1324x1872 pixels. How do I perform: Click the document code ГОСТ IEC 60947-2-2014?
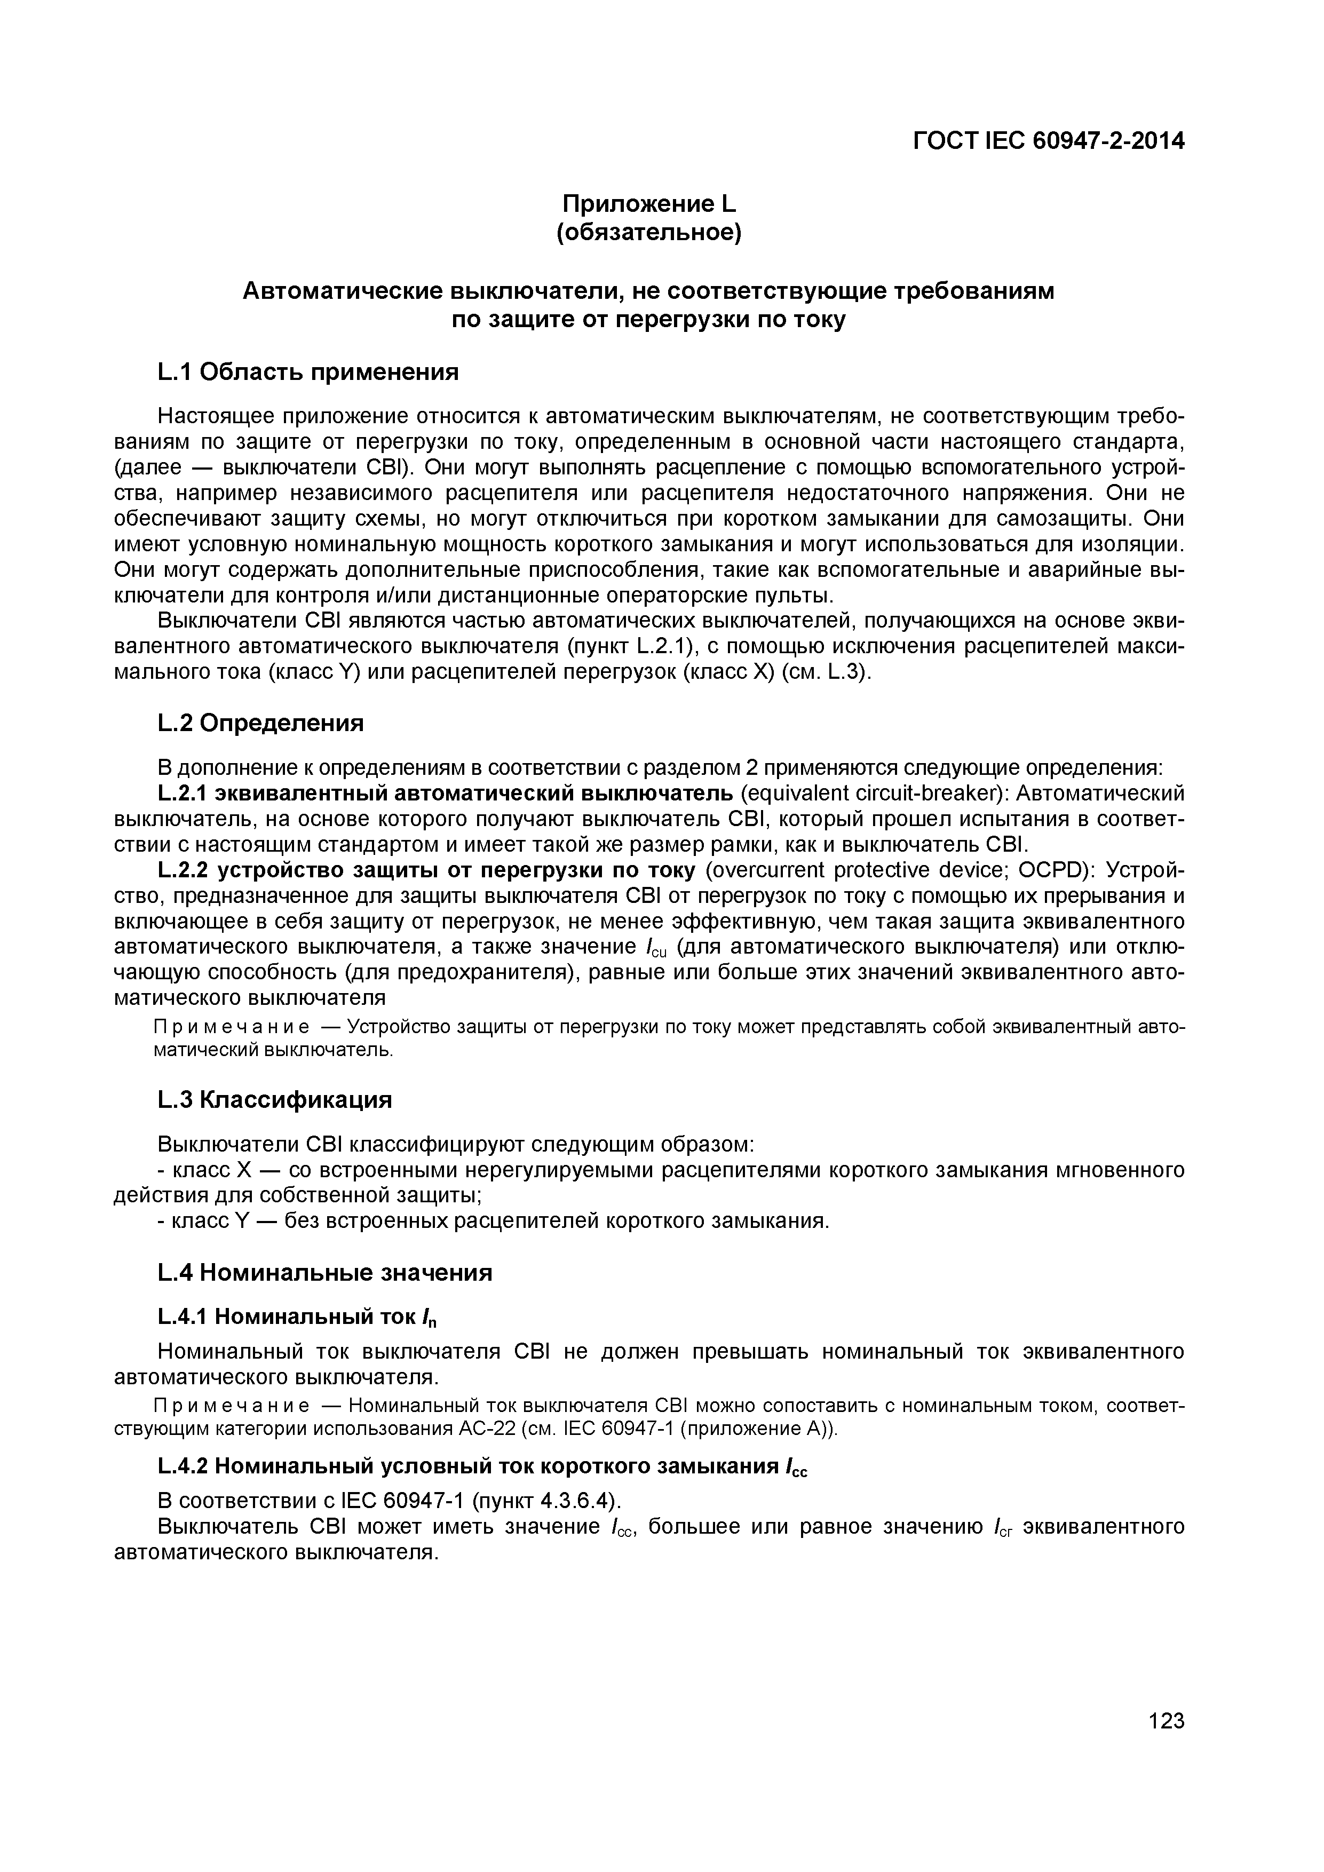[1048, 141]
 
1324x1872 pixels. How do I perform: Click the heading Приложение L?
[649, 203]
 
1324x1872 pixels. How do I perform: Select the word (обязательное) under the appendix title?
[649, 233]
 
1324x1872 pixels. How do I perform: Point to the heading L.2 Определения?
[260, 723]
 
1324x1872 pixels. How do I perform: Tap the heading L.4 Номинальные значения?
[324, 1273]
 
